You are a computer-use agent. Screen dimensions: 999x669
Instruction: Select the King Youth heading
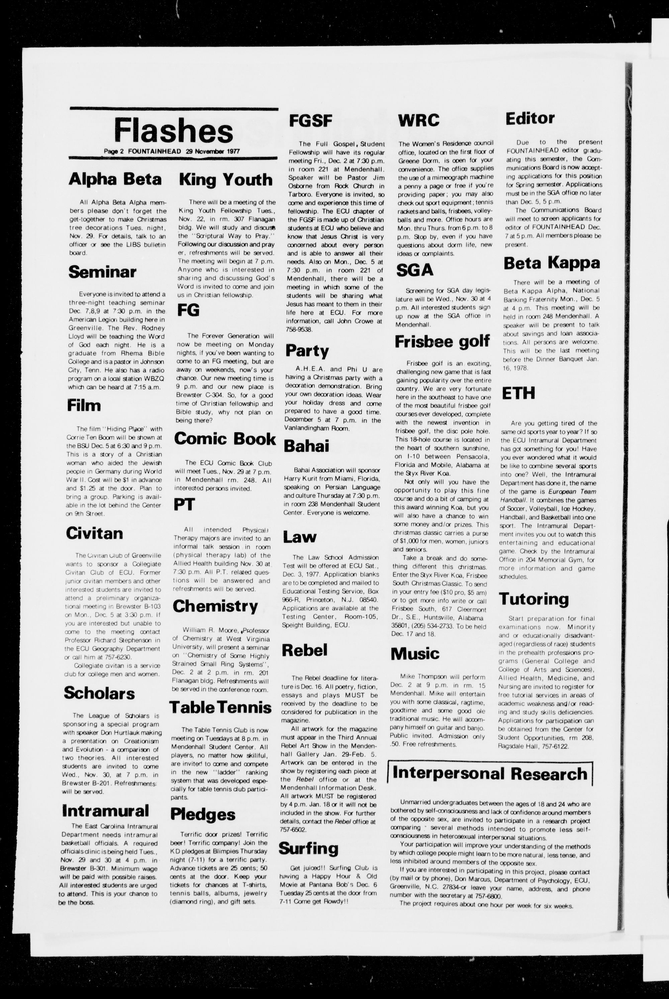[225, 180]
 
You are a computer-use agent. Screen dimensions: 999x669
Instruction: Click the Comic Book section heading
[225, 439]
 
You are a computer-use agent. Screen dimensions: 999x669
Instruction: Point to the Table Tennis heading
[220, 708]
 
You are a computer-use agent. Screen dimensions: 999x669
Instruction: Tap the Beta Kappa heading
[552, 263]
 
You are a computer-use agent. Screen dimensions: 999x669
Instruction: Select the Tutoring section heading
[534, 599]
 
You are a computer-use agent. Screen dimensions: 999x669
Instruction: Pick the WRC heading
[418, 121]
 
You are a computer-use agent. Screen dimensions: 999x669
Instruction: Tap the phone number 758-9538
[299, 330]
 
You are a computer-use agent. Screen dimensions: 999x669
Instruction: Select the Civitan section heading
[94, 533]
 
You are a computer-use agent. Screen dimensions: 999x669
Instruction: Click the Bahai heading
[306, 446]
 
